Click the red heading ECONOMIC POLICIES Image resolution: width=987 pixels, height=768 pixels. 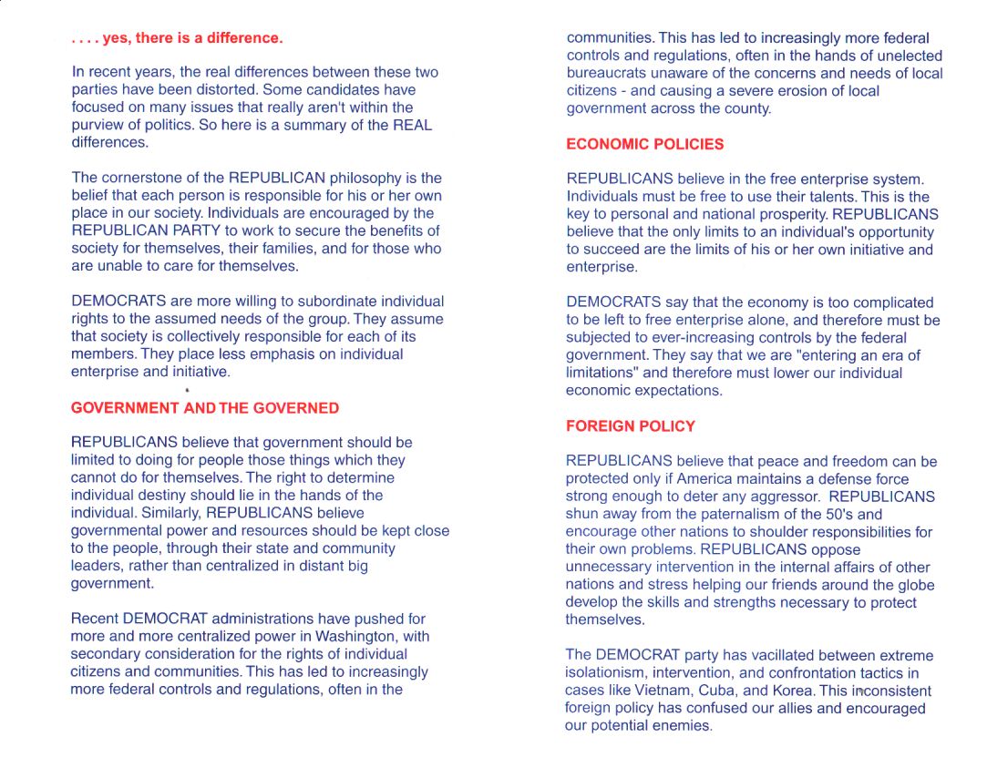[644, 144]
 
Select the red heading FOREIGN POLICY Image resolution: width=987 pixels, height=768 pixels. [630, 425]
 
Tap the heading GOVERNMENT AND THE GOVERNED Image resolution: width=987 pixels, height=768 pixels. [204, 408]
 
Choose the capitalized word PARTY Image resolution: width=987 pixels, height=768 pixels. [196, 230]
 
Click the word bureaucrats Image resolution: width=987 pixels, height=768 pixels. [607, 73]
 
